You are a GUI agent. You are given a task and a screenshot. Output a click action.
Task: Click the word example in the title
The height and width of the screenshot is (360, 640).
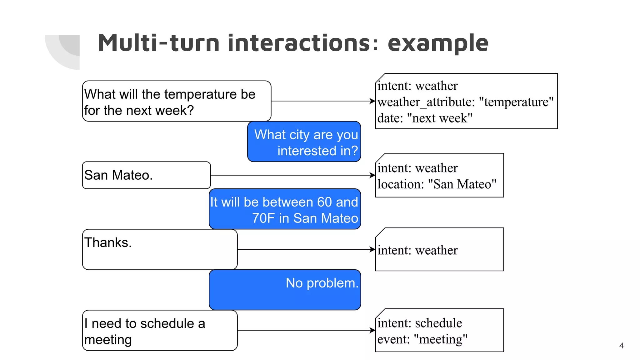click(x=438, y=43)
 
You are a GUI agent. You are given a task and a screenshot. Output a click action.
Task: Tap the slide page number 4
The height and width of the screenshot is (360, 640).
click(x=621, y=346)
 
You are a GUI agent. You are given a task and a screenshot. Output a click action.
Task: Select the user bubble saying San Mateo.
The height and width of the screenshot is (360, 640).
click(x=146, y=175)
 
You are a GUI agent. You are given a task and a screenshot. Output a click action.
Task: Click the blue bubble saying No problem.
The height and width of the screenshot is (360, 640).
click(x=285, y=290)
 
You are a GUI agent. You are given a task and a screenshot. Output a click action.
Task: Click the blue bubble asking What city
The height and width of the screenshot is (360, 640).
click(x=304, y=142)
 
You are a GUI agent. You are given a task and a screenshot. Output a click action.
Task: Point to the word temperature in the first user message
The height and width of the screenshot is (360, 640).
click(x=201, y=94)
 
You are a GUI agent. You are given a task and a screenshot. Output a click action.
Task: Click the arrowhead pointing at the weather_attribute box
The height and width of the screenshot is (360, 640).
click(x=372, y=101)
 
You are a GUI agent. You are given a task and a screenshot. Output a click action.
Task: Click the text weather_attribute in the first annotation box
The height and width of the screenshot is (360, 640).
click(x=426, y=102)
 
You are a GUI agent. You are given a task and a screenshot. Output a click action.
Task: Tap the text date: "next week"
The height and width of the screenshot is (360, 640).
click(x=425, y=118)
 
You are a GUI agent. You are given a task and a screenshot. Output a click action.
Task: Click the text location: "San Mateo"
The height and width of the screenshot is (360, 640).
click(x=437, y=184)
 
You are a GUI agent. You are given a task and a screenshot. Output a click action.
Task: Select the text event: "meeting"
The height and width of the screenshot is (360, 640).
click(x=422, y=339)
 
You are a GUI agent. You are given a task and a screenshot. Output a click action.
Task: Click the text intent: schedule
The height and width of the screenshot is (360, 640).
click(x=419, y=323)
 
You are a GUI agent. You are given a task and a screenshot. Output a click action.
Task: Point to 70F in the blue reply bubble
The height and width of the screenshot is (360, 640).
click(x=263, y=218)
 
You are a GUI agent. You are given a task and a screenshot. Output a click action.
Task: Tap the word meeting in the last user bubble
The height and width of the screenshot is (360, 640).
click(x=108, y=340)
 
